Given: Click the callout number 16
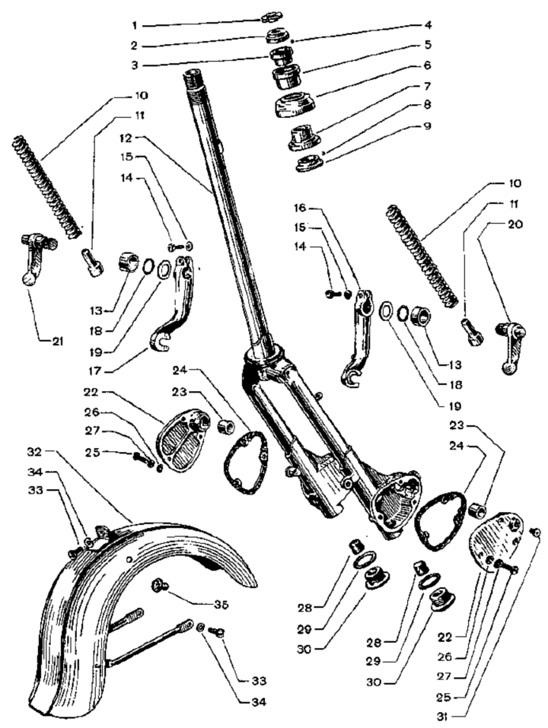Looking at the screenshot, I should coord(301,207).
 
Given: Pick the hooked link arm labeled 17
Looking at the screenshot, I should coord(174,313).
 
